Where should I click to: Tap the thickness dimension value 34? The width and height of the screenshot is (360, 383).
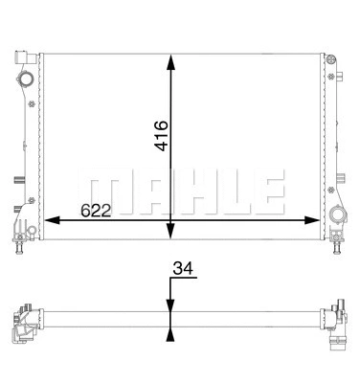[x=183, y=269]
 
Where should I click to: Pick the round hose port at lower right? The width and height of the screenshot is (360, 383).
[x=336, y=215]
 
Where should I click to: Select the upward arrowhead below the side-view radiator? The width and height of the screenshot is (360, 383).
[x=170, y=334]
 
